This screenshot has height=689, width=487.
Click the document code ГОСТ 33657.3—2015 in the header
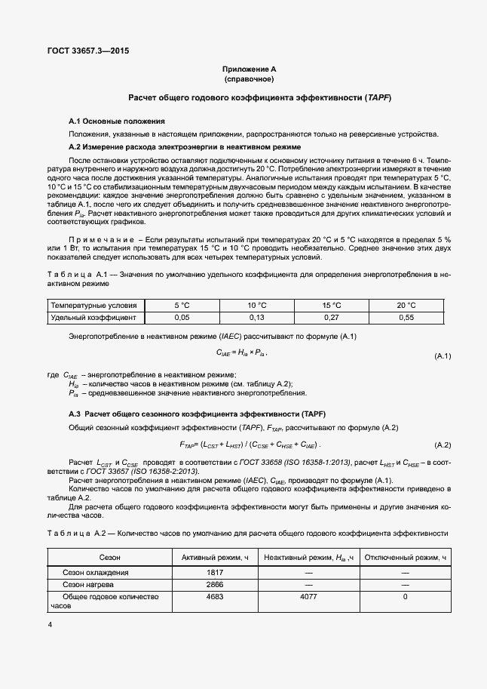(88, 51)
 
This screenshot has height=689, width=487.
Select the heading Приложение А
(249, 69)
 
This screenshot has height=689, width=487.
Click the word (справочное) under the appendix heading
(249, 78)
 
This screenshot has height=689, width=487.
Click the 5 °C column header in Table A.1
(182, 305)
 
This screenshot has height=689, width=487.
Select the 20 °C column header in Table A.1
(406, 305)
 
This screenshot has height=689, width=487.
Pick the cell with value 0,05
(182, 318)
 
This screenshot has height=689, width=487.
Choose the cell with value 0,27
(331, 318)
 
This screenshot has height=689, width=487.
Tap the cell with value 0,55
(406, 318)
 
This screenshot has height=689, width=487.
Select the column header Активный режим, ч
(216, 557)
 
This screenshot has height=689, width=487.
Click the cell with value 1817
(216, 573)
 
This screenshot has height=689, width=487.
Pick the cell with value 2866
(216, 584)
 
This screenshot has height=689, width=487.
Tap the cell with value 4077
(308, 596)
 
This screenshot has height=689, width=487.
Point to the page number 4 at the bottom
(49, 625)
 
